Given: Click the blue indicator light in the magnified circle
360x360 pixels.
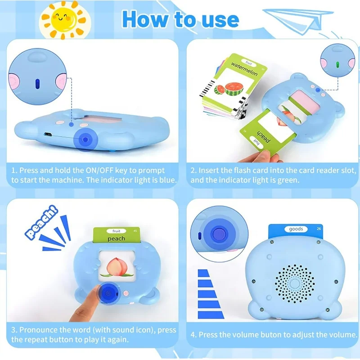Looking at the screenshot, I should [38, 84].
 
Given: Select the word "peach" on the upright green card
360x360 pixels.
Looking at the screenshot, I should [117, 238].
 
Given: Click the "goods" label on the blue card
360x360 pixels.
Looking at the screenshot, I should [295, 229].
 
